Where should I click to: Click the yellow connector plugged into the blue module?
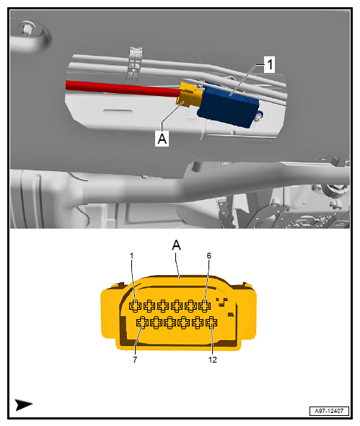[191, 95]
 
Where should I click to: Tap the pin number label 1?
[133, 255]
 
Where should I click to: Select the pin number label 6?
[209, 255]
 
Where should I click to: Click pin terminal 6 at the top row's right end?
[205, 306]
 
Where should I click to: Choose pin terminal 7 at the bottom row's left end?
[142, 322]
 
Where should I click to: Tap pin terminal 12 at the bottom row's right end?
[211, 322]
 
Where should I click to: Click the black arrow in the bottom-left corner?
[24, 404]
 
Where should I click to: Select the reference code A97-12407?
[328, 409]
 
